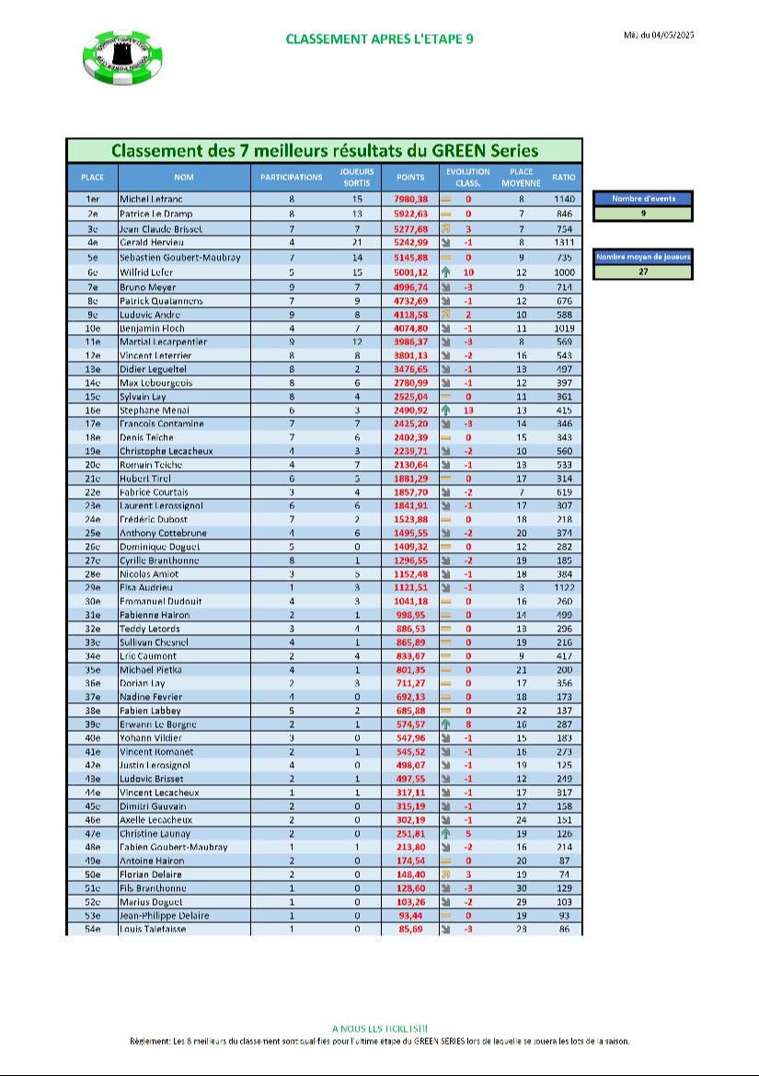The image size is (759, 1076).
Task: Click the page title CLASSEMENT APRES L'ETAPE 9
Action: tap(379, 39)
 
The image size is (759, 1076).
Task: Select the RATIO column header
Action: tap(564, 177)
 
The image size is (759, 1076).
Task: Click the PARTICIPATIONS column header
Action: tap(292, 177)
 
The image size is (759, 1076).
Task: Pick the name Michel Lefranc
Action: tap(152, 199)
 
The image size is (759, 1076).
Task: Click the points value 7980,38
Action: tap(411, 199)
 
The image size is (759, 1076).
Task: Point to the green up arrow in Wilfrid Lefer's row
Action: tap(445, 272)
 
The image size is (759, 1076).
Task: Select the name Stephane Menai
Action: tap(155, 410)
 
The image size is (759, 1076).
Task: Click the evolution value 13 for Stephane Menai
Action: tap(468, 410)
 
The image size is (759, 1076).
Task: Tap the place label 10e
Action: tap(92, 328)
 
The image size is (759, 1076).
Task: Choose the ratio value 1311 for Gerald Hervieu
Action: tap(564, 241)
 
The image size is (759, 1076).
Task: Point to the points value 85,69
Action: tap(411, 930)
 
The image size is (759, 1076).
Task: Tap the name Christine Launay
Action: tap(155, 833)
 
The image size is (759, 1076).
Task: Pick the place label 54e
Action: tap(92, 930)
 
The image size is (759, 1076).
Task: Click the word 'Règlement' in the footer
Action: tap(151, 1042)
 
